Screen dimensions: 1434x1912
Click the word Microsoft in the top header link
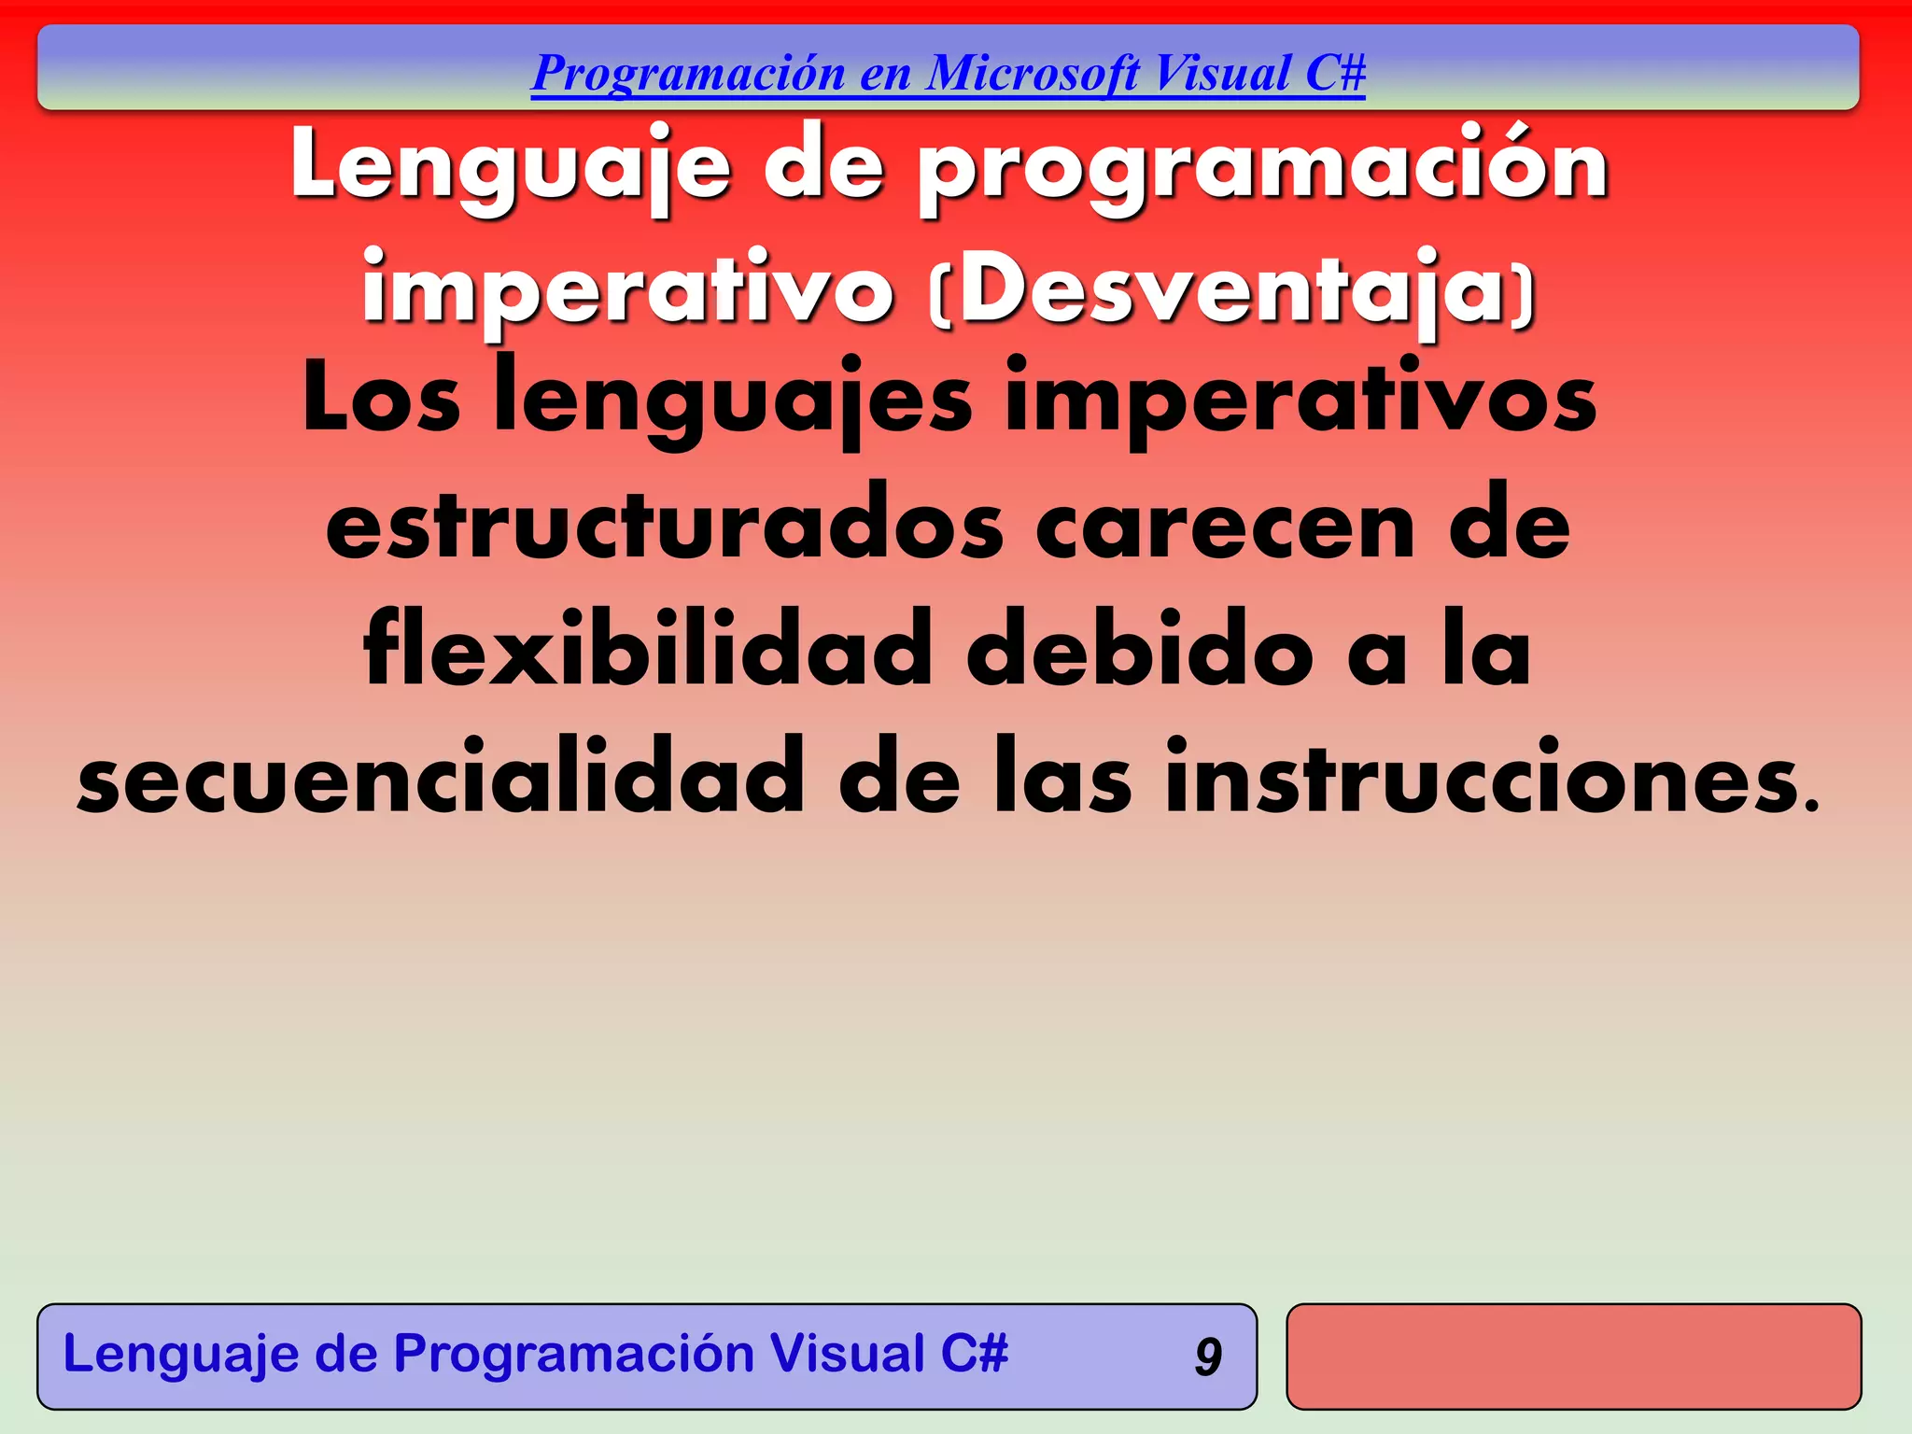point(1033,74)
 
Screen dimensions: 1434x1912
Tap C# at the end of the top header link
point(1335,74)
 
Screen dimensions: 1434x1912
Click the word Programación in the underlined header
point(688,74)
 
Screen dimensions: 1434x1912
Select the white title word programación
point(1263,168)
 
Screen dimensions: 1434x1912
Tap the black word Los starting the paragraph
point(381,401)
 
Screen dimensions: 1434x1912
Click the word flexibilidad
point(647,651)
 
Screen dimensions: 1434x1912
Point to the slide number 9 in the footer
point(1208,1357)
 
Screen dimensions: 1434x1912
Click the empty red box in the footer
point(1573,1357)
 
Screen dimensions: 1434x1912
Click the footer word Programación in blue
point(573,1355)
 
